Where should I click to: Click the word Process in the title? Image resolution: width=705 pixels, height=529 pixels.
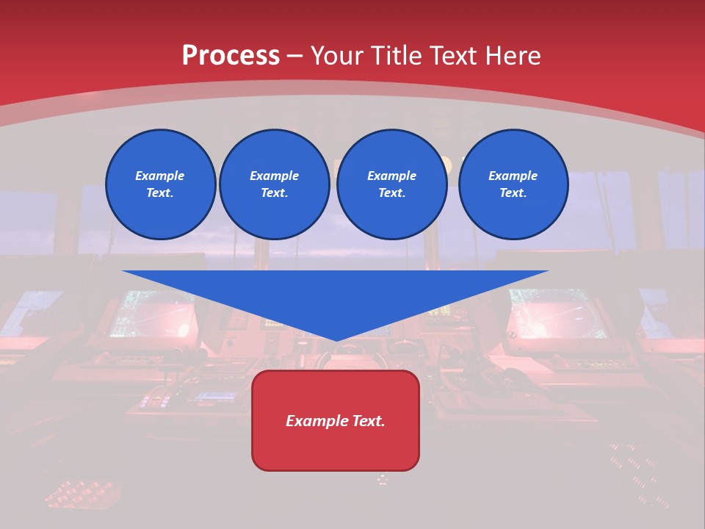[x=231, y=56]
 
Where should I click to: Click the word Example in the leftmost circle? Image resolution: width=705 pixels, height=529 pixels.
[x=159, y=176]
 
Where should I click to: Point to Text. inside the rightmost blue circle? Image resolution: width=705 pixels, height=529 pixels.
[x=513, y=193]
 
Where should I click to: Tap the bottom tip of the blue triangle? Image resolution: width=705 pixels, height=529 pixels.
[x=336, y=339]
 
